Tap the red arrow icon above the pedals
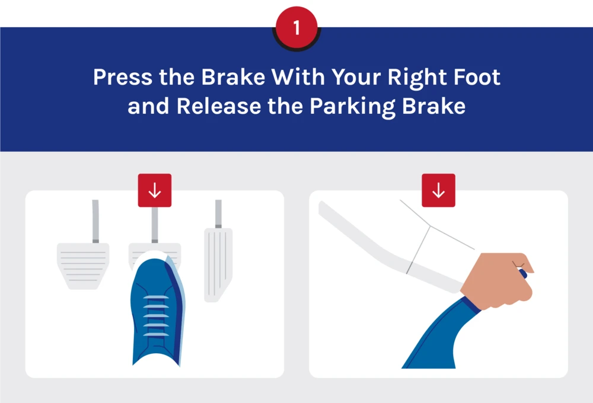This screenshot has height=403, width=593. [x=155, y=190]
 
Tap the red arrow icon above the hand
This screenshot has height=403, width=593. [x=438, y=190]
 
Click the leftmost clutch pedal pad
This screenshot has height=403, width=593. [x=83, y=264]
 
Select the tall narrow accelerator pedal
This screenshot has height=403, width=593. [x=218, y=264]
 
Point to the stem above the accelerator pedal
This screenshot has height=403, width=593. [x=218, y=213]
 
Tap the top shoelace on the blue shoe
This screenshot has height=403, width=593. [x=155, y=296]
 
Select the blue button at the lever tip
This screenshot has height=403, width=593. [x=524, y=274]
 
